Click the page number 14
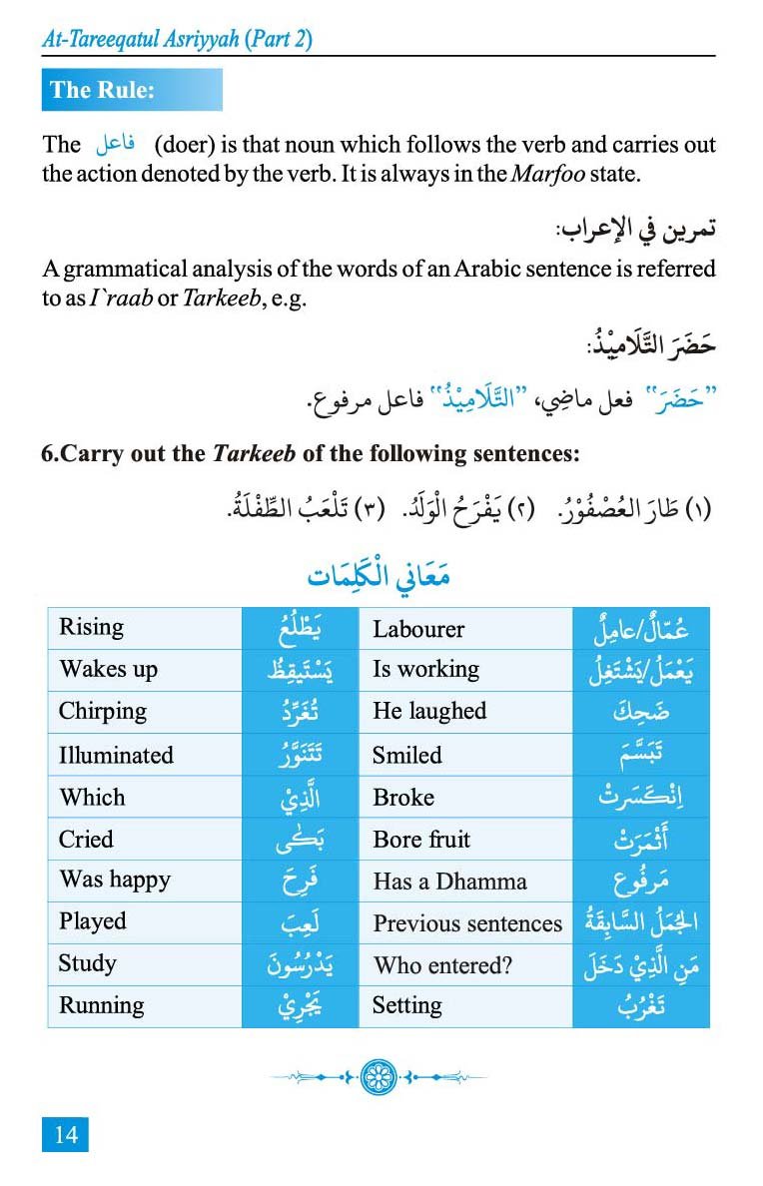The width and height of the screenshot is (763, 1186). (x=66, y=1134)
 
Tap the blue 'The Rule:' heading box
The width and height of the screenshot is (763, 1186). (x=131, y=90)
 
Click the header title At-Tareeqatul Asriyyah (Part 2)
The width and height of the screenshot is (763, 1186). (x=178, y=39)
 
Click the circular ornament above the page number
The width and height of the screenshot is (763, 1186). (x=378, y=1077)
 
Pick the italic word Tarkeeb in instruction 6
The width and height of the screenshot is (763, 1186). (x=254, y=453)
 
